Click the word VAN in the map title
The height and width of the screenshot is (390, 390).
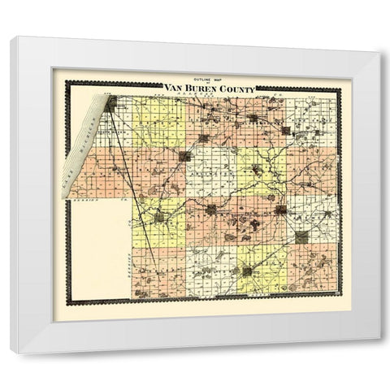tap(173, 88)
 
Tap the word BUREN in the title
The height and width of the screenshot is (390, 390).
tap(198, 88)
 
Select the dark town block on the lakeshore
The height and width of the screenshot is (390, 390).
tap(110, 102)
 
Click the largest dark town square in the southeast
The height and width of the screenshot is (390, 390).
tap(301, 237)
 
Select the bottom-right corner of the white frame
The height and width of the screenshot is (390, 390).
tap(379, 353)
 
